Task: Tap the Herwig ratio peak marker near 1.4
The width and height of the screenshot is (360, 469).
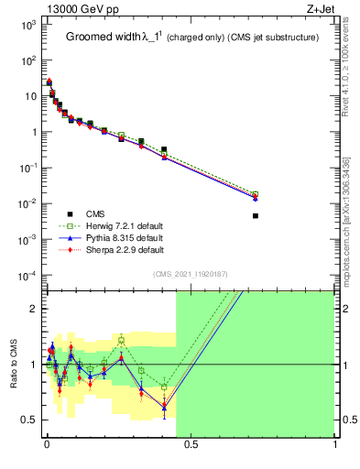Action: [121, 340]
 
